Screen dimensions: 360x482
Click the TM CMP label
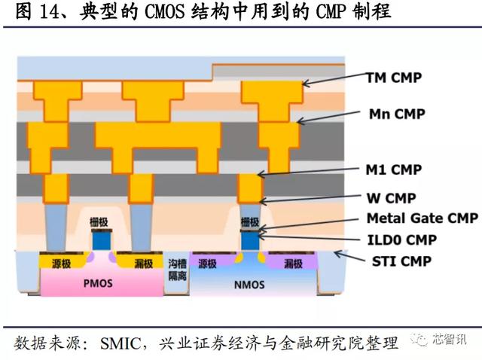coord(394,78)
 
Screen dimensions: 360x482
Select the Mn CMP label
coord(397,114)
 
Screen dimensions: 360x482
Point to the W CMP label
coord(391,199)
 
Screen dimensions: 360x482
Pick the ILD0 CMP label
coord(401,241)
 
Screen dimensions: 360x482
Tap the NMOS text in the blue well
coord(248,285)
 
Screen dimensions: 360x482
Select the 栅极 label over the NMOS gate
coord(249,222)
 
